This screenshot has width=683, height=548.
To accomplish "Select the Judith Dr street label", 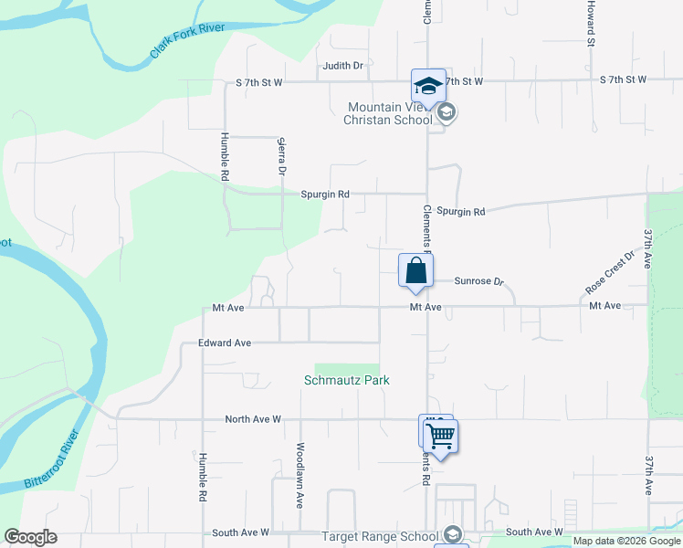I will [343, 66].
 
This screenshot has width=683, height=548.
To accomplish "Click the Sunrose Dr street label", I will [479, 282].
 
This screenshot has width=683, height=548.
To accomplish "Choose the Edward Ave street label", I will [225, 343].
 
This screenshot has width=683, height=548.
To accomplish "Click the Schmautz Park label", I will [346, 380].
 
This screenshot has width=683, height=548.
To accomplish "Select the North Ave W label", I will [253, 419].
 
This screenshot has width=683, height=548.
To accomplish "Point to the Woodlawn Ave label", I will [299, 475].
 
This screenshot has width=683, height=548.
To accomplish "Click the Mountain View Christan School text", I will [387, 113].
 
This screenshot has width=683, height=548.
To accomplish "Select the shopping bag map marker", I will [415, 270].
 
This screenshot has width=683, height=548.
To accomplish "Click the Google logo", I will [31, 538].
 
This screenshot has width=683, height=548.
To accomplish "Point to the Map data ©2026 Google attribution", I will [626, 541].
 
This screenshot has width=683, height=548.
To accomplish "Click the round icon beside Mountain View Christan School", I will [447, 113].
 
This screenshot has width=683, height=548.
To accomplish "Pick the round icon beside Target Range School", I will [451, 535].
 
